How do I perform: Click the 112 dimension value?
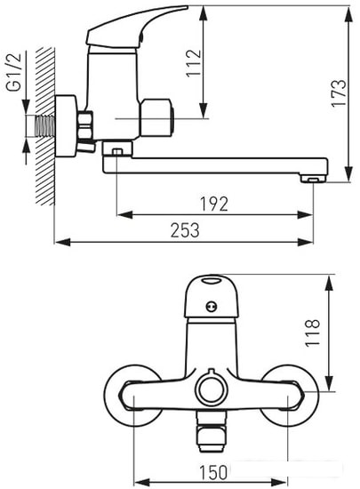click(194, 63)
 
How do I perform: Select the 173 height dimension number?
click(339, 93)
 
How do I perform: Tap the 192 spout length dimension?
click(214, 204)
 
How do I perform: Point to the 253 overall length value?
click(185, 230)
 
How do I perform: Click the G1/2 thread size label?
click(13, 72)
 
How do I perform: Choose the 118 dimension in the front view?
click(312, 333)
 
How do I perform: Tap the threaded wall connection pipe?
click(45, 126)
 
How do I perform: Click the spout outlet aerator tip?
click(313, 179)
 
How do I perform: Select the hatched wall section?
click(45, 126)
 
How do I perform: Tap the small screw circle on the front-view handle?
click(212, 307)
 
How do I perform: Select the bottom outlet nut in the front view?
click(212, 432)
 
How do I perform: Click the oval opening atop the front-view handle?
click(212, 281)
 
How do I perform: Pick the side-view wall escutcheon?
click(66, 126)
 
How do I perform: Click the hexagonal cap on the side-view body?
click(156, 118)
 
